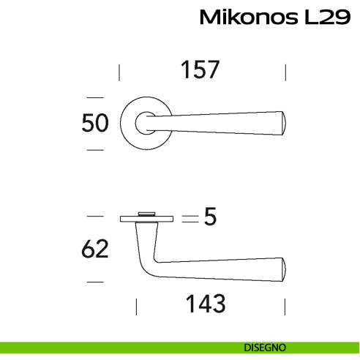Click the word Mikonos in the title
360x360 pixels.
[x=247, y=18]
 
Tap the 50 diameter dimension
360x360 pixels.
[x=94, y=123]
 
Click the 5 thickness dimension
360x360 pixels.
[x=211, y=218]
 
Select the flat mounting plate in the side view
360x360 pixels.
[x=146, y=217]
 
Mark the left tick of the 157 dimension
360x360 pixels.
[x=119, y=72]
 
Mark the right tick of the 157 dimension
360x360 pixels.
[x=285, y=72]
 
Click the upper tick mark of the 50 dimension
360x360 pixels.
[x=94, y=97]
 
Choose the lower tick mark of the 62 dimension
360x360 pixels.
[x=94, y=281]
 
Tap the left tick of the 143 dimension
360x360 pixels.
[x=136, y=305]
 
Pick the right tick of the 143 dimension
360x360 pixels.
[x=285, y=305]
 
